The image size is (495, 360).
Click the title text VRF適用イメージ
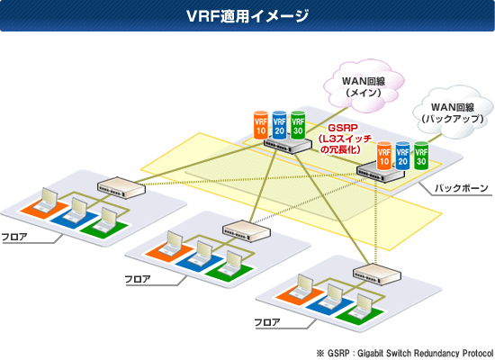[247, 16]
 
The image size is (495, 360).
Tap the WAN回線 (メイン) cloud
[364, 85]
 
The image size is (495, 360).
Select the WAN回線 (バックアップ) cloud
[453, 112]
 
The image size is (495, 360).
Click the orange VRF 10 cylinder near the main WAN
[261, 125]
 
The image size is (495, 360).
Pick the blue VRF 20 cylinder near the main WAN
[279, 125]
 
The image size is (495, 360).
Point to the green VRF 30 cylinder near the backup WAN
[421, 156]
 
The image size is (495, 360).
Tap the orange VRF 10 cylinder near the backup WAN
[384, 156]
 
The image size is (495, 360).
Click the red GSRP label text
[343, 128]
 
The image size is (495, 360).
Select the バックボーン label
[462, 188]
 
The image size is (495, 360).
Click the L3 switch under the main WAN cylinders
[288, 145]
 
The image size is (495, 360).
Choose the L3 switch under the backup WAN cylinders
[381, 173]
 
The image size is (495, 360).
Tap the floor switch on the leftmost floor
[121, 187]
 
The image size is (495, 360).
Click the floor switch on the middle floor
[247, 231]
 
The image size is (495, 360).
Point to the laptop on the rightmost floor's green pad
[362, 306]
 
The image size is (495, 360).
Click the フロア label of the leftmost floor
[14, 237]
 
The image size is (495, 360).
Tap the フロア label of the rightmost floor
[267, 322]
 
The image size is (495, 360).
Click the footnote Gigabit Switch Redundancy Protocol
[425, 353]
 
